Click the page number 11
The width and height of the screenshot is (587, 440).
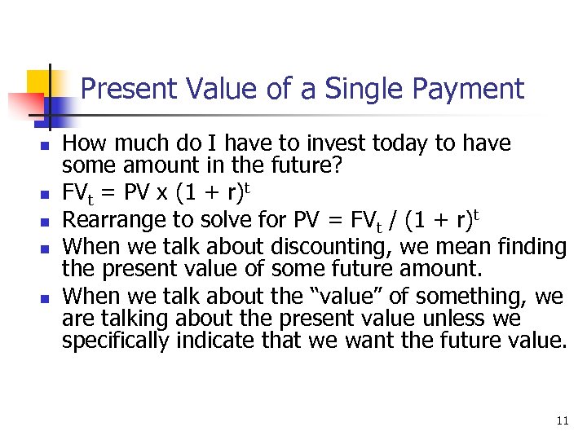562,420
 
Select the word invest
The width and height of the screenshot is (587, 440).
334,144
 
